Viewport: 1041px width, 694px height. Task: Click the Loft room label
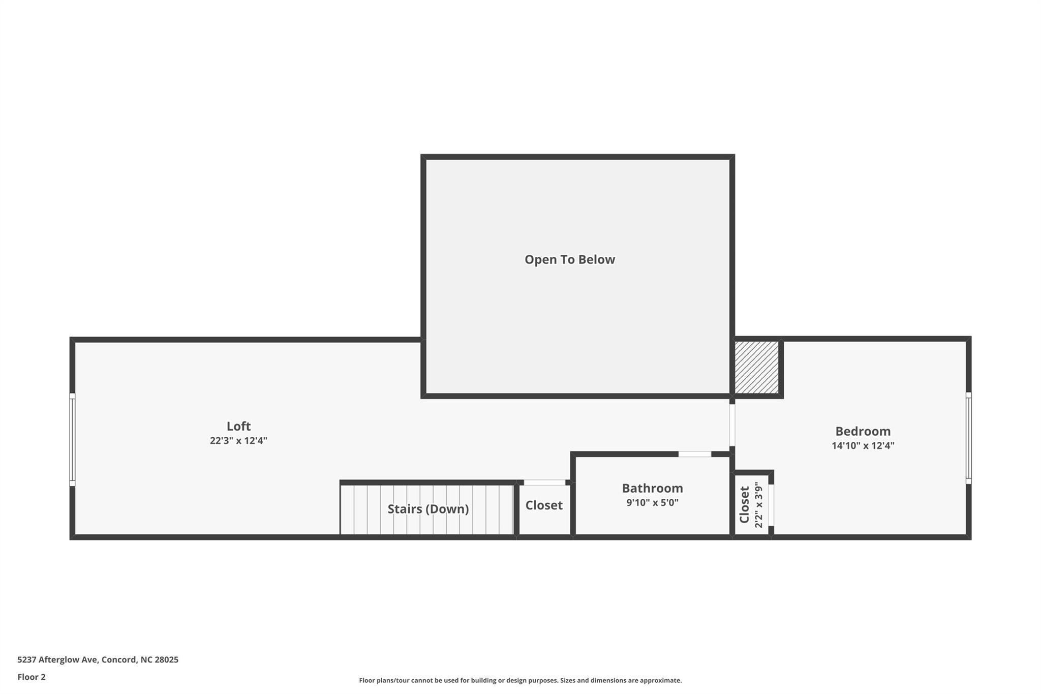click(238, 426)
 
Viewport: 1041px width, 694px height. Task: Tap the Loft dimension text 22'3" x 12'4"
click(238, 441)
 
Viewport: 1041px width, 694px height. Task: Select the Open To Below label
click(570, 259)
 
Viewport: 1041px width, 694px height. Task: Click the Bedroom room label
click(863, 431)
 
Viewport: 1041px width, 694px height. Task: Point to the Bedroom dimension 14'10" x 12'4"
click(863, 446)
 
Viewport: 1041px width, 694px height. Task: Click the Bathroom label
click(653, 488)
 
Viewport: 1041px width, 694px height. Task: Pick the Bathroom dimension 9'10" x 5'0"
click(653, 503)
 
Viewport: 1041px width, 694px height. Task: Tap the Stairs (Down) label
click(428, 509)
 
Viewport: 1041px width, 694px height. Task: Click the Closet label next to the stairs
click(544, 505)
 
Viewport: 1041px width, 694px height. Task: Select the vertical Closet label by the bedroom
click(744, 505)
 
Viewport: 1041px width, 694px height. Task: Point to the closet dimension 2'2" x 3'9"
click(759, 505)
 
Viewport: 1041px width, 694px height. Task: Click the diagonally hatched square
click(757, 367)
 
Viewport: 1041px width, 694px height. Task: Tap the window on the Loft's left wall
click(72, 439)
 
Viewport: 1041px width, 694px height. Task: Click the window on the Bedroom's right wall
click(968, 438)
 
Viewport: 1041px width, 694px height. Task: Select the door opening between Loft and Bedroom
click(732, 425)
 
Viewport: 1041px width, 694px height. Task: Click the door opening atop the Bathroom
click(695, 454)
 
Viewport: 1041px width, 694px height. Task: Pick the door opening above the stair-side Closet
click(544, 482)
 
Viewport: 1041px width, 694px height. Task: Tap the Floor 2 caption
click(32, 677)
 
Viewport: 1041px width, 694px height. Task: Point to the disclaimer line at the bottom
click(520, 680)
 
